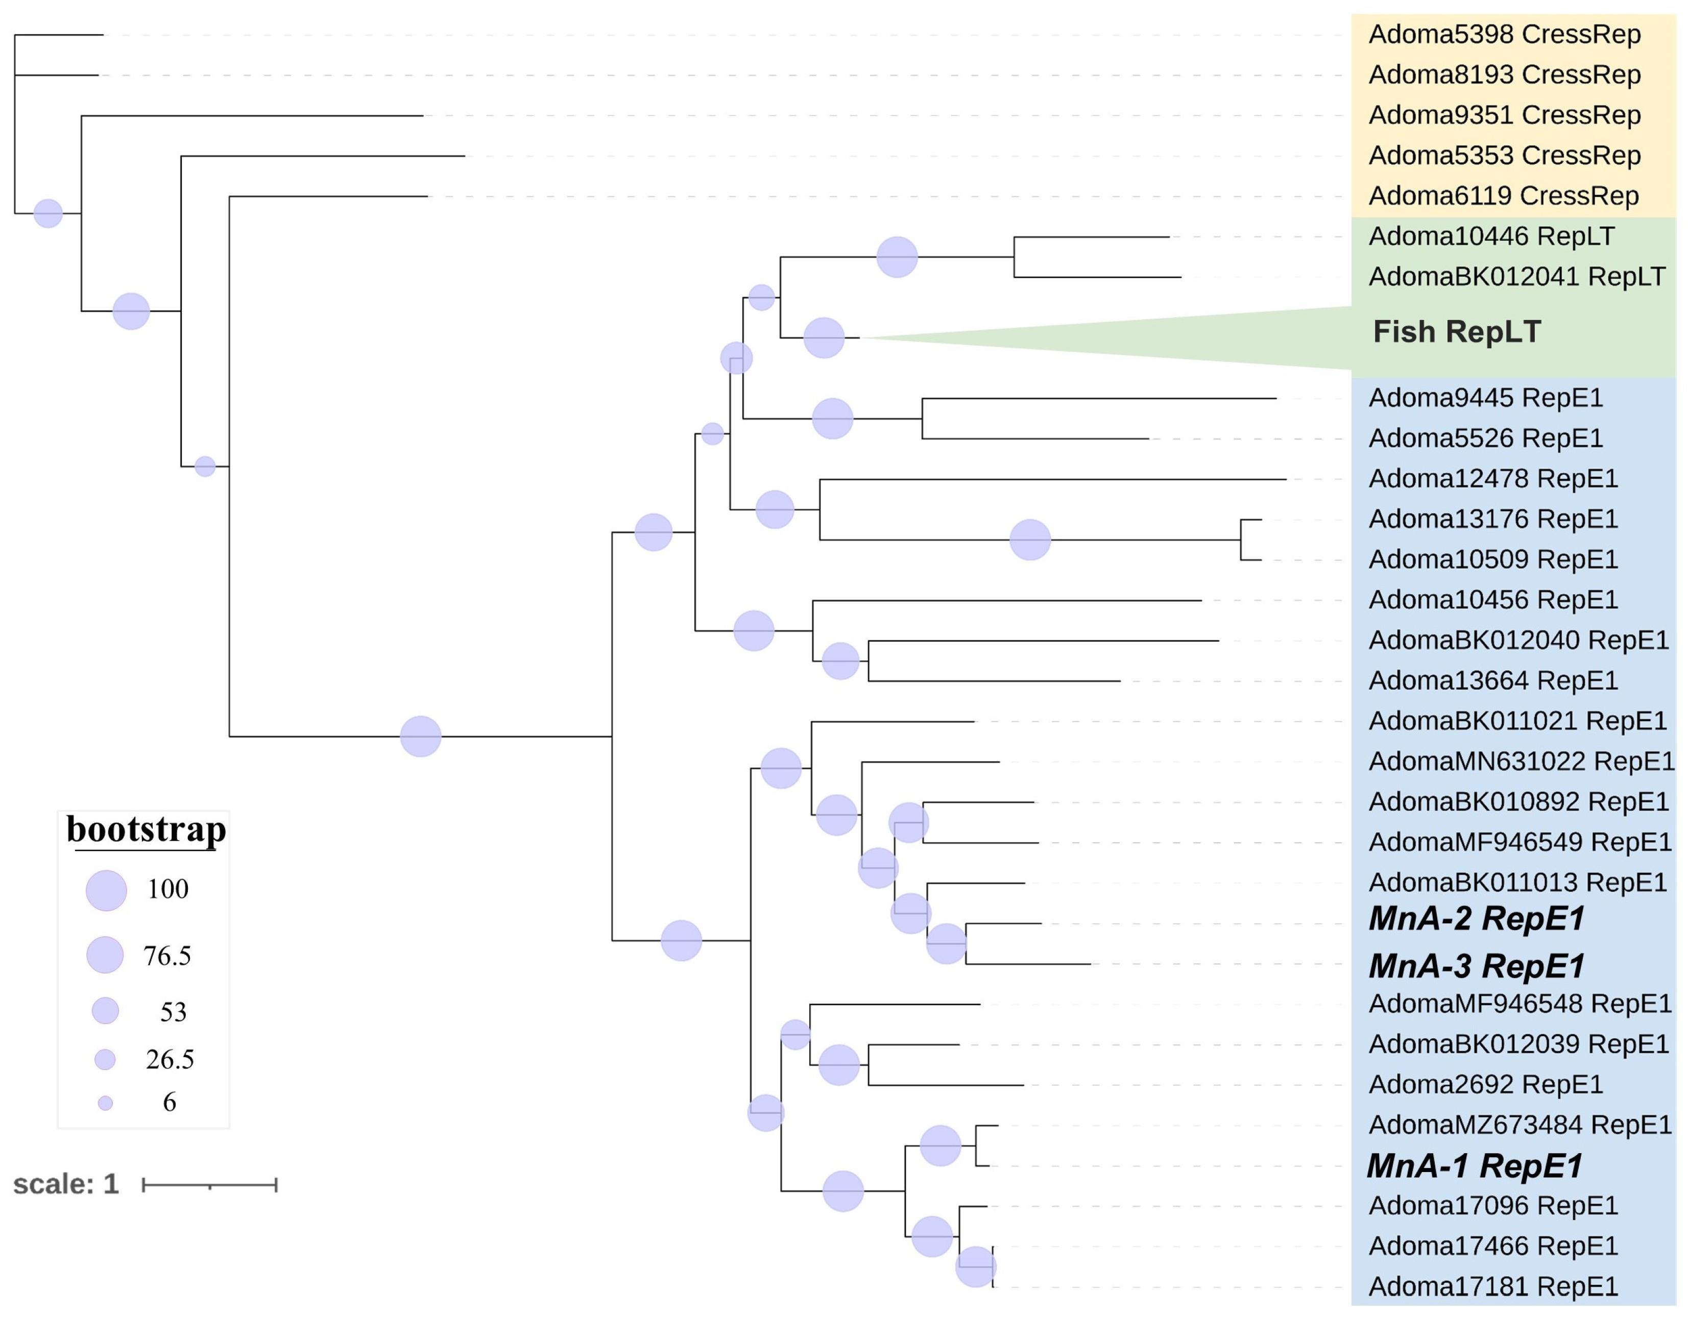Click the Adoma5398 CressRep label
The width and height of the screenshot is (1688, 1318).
coord(1504,35)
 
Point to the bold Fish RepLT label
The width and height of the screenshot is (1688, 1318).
coord(1457,332)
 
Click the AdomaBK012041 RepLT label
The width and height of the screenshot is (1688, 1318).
coord(1516,277)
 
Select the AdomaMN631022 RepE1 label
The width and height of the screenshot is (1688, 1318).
coord(1521,762)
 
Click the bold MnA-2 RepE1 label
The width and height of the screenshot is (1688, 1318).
coord(1476,919)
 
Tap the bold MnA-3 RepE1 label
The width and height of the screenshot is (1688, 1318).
coord(1476,966)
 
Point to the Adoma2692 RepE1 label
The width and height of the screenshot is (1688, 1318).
coord(1485,1085)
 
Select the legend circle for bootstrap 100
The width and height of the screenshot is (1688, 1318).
coord(106,891)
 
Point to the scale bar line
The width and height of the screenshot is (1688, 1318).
coord(209,1185)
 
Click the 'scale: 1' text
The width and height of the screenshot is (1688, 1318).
coord(66,1184)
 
